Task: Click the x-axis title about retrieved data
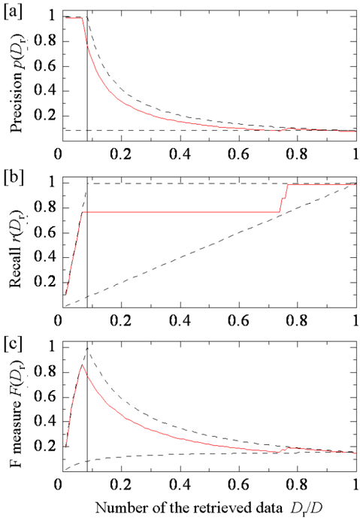[x=209, y=507]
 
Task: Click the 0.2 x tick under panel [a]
[x=122, y=155]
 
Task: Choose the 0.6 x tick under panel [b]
[x=239, y=320]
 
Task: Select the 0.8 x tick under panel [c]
[x=298, y=485]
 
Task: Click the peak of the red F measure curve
[x=82, y=365]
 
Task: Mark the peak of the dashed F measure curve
[x=87, y=348]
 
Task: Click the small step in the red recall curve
[x=283, y=198]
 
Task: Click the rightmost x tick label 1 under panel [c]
[x=355, y=485]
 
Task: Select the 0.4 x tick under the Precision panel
[x=180, y=155]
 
